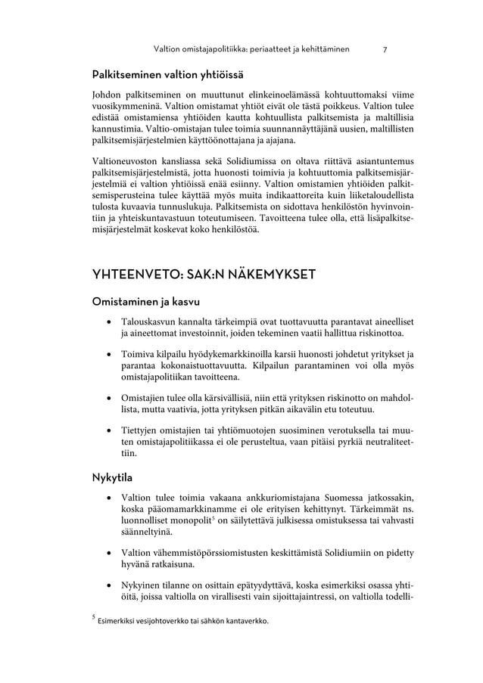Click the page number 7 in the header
tap(385, 50)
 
